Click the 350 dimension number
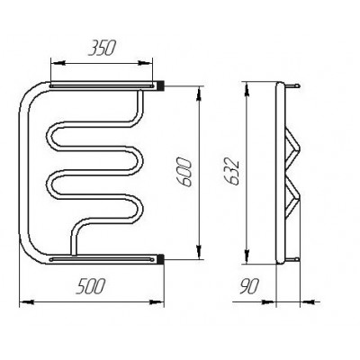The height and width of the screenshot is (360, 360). coord(102,48)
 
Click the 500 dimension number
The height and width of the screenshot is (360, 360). coord(91,286)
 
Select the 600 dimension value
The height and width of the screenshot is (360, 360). coord(184,173)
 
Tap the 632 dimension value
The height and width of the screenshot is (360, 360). coord(232,173)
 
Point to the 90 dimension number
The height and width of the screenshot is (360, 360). coord(249,286)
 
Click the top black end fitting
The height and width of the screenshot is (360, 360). coord(161,85)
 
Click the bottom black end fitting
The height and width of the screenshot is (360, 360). coord(161,259)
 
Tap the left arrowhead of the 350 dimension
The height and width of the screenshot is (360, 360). coord(58,63)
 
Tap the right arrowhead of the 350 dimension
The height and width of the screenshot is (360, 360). coord(145,63)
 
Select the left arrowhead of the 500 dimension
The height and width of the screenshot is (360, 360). coord(26,302)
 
